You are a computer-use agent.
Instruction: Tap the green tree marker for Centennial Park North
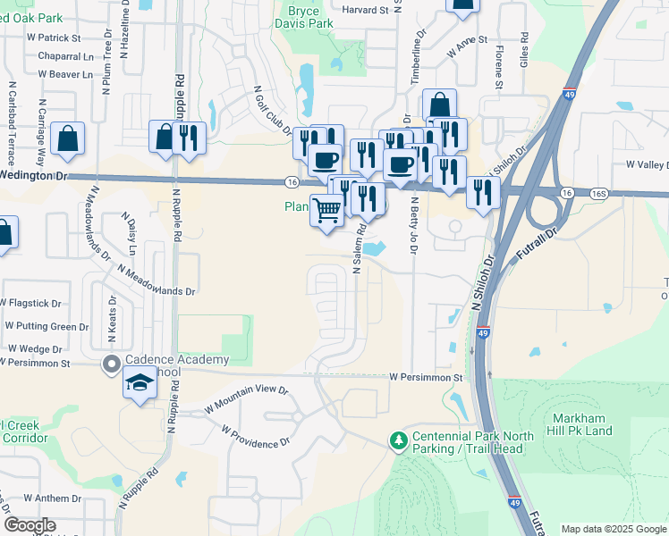(x=397, y=440)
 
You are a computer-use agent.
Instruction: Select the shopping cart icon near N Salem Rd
(x=327, y=211)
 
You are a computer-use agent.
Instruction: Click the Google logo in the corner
(x=30, y=525)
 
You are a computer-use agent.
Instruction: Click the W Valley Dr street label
(x=647, y=164)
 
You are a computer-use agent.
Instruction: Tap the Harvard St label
(x=366, y=11)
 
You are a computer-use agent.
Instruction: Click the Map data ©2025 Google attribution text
(x=613, y=529)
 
